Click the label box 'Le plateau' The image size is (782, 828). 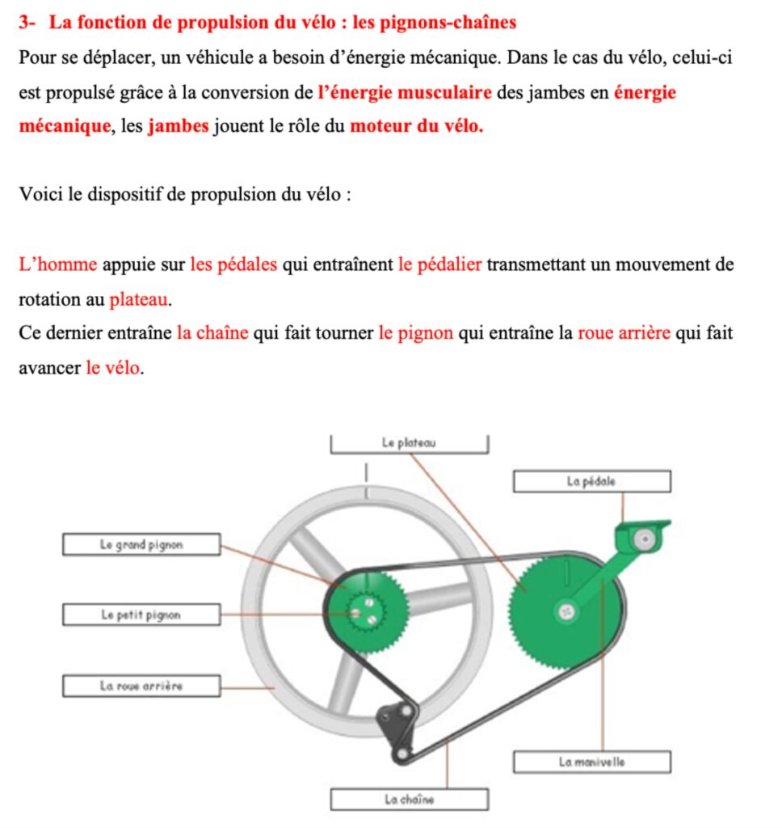coord(409,443)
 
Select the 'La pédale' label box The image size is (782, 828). coord(591,481)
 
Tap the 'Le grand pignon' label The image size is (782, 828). coord(141,544)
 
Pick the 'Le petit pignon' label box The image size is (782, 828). coord(141,615)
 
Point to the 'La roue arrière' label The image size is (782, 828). coord(141,686)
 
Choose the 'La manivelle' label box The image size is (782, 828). coord(591,762)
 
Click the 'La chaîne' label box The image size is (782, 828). coord(409,800)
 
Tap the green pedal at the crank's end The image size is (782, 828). coord(642,536)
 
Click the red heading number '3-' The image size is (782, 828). coord(27,22)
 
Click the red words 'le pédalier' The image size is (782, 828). coord(440,264)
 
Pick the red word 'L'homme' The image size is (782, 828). coord(57,264)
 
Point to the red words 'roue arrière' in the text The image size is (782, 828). coord(624,333)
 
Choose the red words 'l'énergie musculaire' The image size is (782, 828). coord(405,92)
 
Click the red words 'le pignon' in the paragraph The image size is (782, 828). coord(415,333)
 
